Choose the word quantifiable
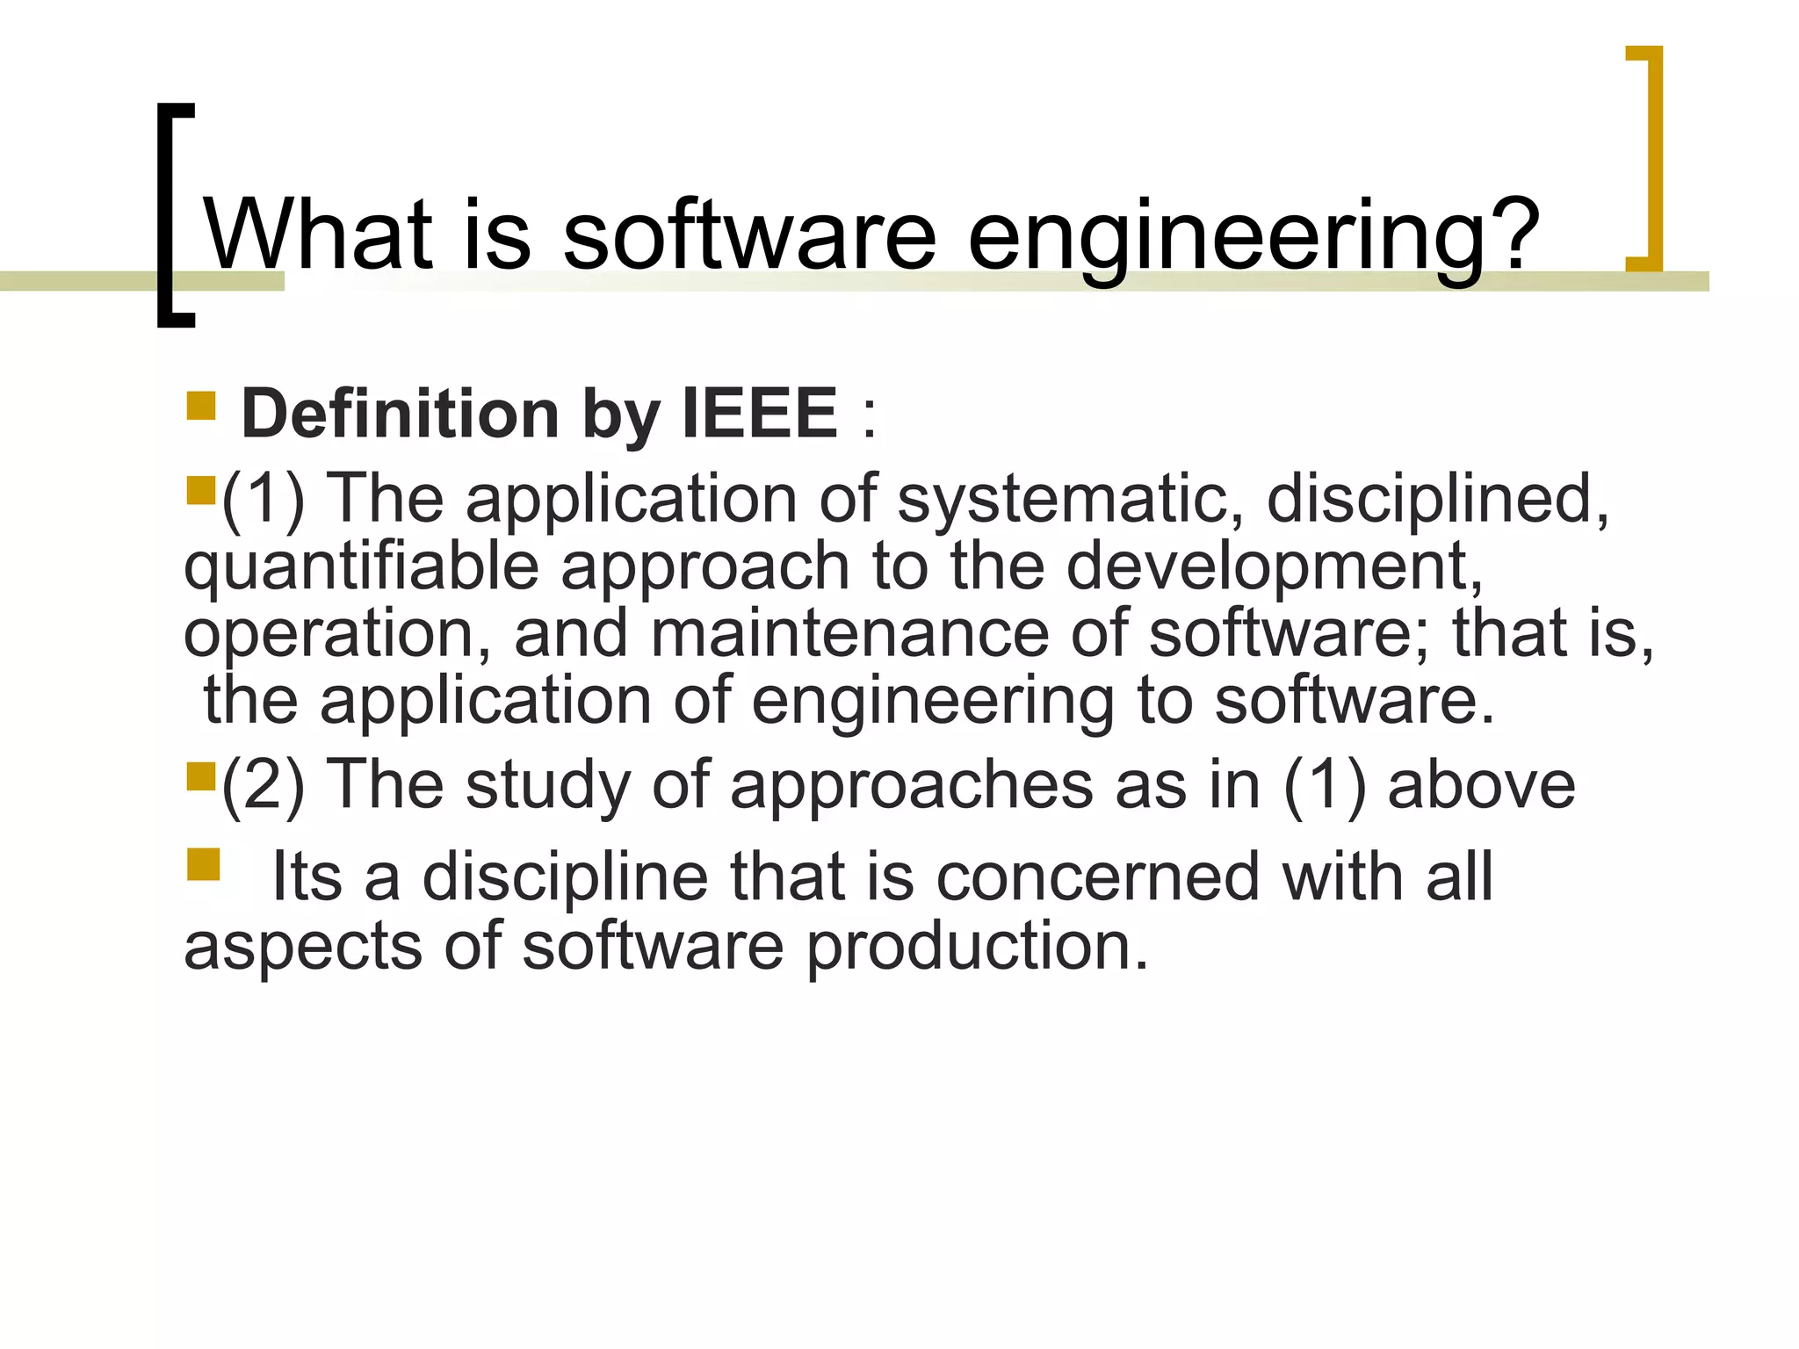point(361,567)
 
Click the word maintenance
point(849,633)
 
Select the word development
point(1274,567)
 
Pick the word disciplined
point(1437,499)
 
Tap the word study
point(547,784)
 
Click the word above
point(1481,784)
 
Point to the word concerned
point(1097,876)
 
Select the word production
point(977,947)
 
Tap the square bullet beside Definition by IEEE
point(201,406)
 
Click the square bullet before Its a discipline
point(203,864)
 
